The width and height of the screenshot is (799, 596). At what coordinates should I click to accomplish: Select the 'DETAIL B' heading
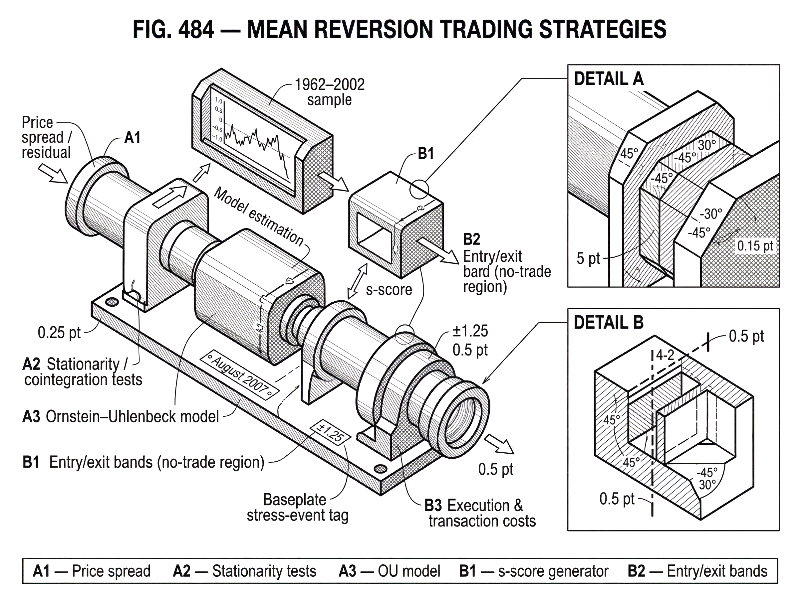point(608,322)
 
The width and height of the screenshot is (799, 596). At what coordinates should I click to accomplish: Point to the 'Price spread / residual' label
point(46,137)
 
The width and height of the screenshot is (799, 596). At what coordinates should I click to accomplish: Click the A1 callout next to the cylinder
point(133,137)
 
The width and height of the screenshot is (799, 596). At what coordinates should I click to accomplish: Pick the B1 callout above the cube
point(425,154)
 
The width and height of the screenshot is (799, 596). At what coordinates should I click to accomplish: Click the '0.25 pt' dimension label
point(60,332)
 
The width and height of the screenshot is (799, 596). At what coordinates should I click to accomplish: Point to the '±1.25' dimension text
point(470,331)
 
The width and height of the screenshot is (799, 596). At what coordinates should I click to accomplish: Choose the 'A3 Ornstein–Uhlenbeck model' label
point(121,416)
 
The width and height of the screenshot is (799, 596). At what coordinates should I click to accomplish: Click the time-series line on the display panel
point(249,139)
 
